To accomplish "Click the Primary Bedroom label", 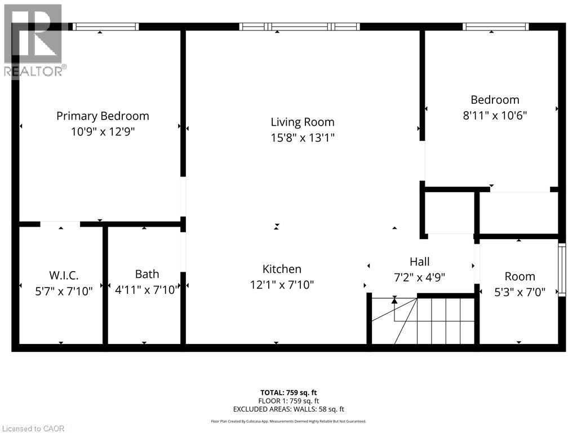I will click(103, 116).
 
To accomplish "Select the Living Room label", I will click(303, 122).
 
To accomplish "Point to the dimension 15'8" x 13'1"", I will click(303, 137).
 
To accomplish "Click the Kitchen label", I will click(282, 269).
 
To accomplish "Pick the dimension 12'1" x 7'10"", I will click(282, 285).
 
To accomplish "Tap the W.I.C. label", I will click(64, 276).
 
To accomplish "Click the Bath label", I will click(147, 274).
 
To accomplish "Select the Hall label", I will click(419, 262).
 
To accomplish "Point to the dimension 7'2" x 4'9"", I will click(419, 277).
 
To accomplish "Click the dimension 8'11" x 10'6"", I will click(495, 115).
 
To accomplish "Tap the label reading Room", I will click(520, 276).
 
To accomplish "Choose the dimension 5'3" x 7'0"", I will click(520, 292).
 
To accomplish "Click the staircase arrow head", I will click(394, 300).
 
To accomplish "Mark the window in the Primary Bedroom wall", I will click(105, 26).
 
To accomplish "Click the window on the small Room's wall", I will click(561, 269).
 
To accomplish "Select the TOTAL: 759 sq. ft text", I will click(288, 392).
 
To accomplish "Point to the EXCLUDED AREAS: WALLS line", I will click(288, 409).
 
